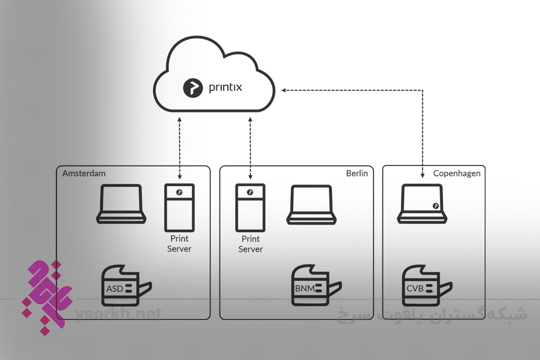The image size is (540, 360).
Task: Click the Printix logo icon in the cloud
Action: tap(193, 87)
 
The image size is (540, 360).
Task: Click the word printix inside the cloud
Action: tap(225, 87)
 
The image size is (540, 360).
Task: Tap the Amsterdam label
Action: tap(84, 173)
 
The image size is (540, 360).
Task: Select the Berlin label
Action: tap(357, 173)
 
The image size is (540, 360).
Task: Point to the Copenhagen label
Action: tap(457, 173)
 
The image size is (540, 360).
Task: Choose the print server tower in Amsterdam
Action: tap(179, 207)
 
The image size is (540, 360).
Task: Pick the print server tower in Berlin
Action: tap(250, 207)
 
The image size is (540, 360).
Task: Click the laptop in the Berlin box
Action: tap(312, 205)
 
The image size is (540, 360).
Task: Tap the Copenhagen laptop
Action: tap(422, 205)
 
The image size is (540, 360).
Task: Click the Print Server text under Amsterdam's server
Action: tap(179, 243)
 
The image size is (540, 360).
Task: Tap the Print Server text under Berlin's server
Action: tap(250, 243)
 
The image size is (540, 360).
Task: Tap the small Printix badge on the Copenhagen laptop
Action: tap(436, 206)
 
